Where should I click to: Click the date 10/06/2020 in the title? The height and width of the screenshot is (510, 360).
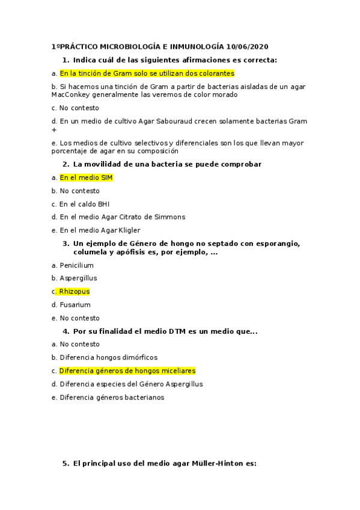point(248,46)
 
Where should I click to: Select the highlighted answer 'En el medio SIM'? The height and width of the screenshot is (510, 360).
point(86,177)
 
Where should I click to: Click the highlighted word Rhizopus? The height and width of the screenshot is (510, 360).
point(74,291)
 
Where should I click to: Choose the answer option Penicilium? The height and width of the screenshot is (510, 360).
point(76,265)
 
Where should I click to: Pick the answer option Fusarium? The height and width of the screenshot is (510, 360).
point(75,304)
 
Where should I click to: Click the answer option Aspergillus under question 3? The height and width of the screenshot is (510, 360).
point(78,278)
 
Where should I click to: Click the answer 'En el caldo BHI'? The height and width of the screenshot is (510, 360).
point(84,204)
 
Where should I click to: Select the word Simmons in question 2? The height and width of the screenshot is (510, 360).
point(170,217)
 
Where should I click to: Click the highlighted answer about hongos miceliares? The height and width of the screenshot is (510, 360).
point(127,370)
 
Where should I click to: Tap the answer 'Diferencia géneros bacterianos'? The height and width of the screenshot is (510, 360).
point(112,397)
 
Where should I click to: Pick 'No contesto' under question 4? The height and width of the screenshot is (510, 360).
point(79,344)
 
